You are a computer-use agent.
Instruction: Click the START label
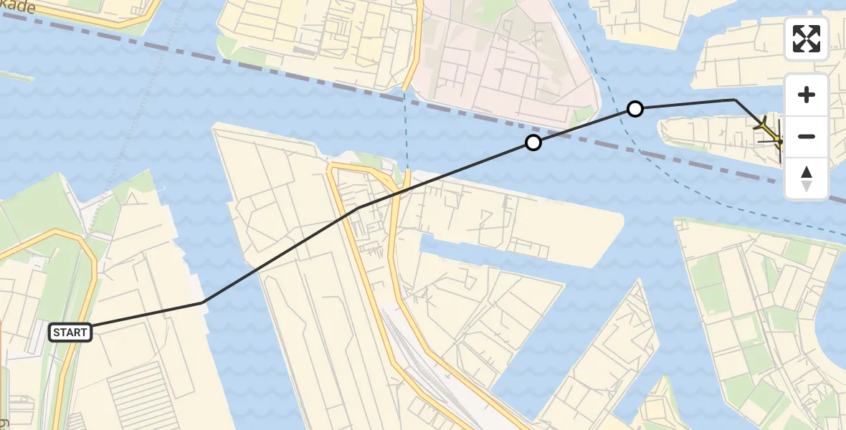point(70,332)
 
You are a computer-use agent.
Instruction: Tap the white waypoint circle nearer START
point(533,143)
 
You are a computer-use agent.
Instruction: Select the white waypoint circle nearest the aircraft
point(634,109)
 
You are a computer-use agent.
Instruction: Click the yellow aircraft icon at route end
point(770,130)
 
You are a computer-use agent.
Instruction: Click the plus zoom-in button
point(807,95)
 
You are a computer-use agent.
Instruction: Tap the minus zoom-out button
point(807,136)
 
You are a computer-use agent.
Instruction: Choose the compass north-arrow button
point(807,178)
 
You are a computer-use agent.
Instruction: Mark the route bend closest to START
point(204,302)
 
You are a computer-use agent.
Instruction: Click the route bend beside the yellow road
point(358,208)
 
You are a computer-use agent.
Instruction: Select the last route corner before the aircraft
point(734,100)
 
